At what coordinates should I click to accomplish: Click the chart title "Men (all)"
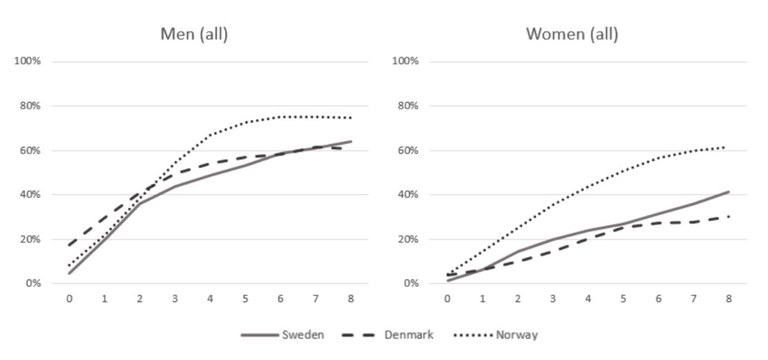click(195, 34)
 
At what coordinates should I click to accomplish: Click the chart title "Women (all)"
click(571, 34)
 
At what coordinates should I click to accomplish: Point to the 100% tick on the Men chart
click(25, 61)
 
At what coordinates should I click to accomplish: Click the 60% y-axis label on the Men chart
click(28, 150)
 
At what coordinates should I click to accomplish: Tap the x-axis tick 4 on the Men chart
click(210, 298)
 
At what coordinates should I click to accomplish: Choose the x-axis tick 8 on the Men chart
click(351, 298)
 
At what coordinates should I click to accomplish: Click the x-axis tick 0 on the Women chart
click(446, 298)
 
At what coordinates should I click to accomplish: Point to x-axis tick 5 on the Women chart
click(622, 298)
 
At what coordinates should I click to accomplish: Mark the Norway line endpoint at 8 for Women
click(727, 147)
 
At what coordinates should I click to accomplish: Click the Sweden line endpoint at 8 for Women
click(727, 192)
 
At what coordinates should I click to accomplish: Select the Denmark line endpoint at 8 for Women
click(727, 216)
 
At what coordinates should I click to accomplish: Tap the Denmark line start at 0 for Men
click(69, 245)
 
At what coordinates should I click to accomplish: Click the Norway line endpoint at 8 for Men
click(351, 118)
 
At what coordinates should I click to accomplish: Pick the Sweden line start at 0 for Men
click(69, 273)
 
